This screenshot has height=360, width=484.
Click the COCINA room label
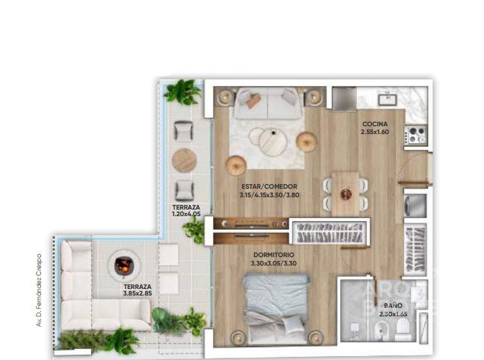(375, 124)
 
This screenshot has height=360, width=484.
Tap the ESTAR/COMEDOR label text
(269, 187)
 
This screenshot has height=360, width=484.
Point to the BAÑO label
(393, 306)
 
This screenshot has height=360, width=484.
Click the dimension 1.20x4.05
(186, 214)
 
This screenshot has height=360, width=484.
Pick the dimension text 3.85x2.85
(137, 294)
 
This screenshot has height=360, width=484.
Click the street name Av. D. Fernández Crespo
(39, 290)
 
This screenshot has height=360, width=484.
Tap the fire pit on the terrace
(124, 265)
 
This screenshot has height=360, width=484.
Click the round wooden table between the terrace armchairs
(184, 160)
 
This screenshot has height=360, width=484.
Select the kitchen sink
(388, 100)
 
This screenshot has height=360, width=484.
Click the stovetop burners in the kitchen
(416, 135)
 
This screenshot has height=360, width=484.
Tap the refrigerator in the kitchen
(345, 98)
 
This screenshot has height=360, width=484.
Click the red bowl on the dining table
(346, 194)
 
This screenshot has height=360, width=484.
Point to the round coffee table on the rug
(272, 142)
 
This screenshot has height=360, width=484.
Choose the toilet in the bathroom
(403, 328)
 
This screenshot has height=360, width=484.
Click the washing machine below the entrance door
(416, 206)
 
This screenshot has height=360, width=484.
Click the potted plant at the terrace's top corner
(182, 92)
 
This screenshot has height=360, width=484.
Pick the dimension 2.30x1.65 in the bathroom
(393, 314)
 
